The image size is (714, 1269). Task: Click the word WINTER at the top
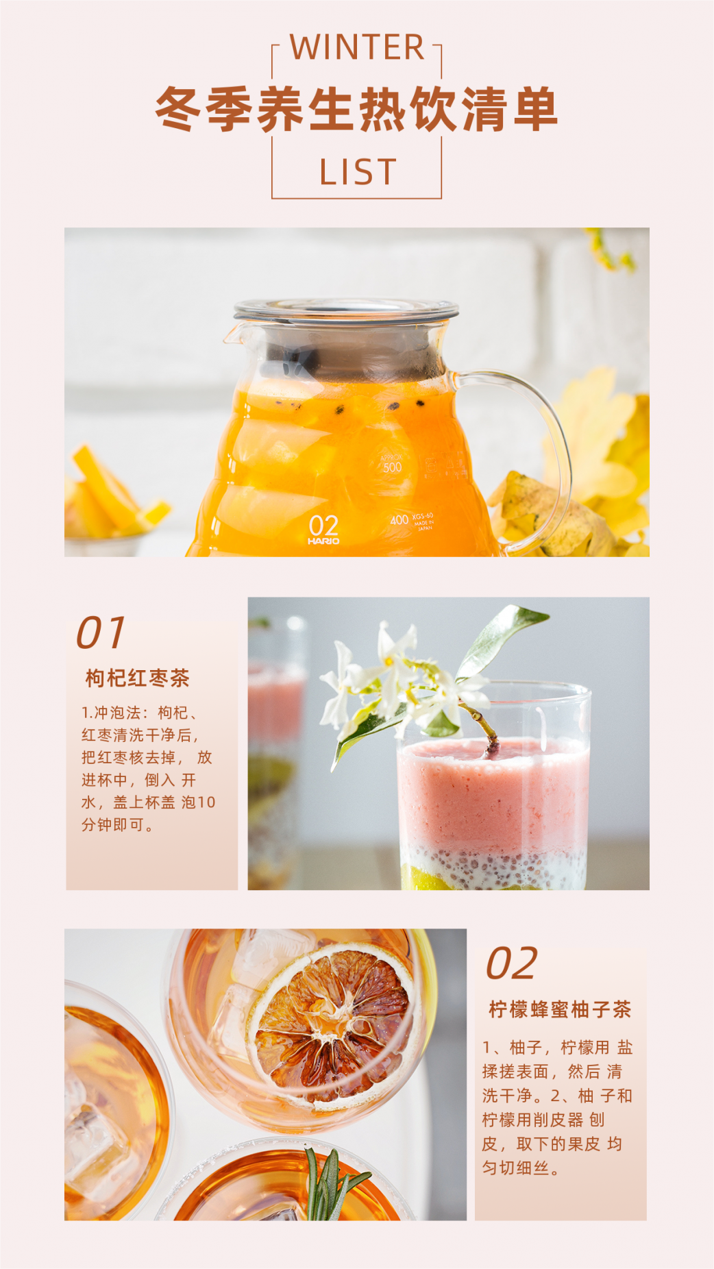pos(357,47)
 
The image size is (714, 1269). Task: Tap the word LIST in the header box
pos(358,172)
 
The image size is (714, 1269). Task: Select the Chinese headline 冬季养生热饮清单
pos(356,110)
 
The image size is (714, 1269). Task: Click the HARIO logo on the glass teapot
pos(323,541)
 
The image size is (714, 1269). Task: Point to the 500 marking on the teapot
pos(393,467)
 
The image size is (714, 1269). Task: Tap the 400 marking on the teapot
pos(399,520)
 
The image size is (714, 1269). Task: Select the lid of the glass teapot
pos(346,310)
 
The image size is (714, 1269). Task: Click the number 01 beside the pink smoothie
pos(101,632)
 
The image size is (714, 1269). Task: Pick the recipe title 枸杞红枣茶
pos(137,678)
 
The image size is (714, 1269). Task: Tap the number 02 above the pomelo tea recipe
pos(512,963)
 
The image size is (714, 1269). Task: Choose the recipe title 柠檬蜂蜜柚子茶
pos(560,1009)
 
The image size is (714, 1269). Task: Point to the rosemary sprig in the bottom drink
pos(332,1183)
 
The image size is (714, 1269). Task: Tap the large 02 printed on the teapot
pos(323,526)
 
